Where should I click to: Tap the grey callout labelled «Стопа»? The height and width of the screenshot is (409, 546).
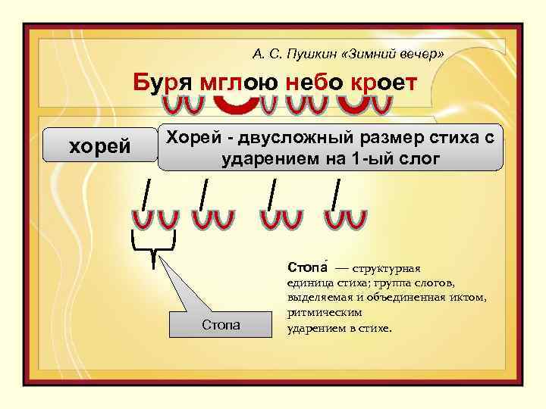221,325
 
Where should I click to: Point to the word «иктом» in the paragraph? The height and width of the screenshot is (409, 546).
468,297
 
